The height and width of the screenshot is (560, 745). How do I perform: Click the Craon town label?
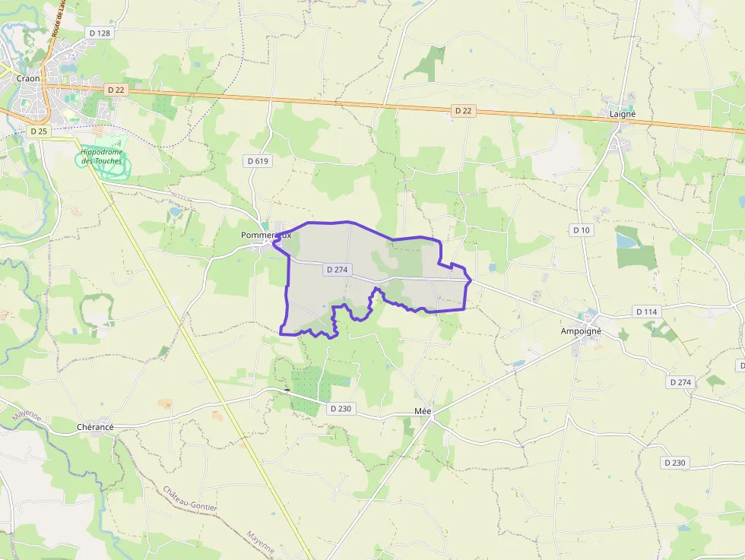point(27,78)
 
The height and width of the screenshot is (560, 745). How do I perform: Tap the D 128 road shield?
point(100,33)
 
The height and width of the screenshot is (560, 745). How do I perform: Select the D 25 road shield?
point(39,131)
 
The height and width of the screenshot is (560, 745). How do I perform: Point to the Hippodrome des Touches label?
point(101,157)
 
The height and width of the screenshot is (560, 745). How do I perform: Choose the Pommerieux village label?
point(265,236)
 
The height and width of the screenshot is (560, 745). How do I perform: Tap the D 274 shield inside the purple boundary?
point(338,270)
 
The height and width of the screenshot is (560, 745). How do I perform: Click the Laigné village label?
point(623,114)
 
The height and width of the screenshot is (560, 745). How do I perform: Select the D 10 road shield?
point(582,229)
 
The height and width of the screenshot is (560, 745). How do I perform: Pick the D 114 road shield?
point(646,312)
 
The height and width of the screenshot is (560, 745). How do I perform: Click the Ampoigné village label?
point(581,331)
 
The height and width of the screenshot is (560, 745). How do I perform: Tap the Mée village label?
point(423,411)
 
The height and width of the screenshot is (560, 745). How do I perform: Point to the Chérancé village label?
point(95,427)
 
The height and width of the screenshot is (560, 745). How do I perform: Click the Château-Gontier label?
point(190,498)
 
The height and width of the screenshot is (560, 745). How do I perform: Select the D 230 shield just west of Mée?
point(341,409)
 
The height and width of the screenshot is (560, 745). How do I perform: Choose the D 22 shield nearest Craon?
point(116,90)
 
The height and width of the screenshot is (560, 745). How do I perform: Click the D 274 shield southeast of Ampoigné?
point(680,382)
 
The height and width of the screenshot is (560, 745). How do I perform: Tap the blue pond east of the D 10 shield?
point(627,241)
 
